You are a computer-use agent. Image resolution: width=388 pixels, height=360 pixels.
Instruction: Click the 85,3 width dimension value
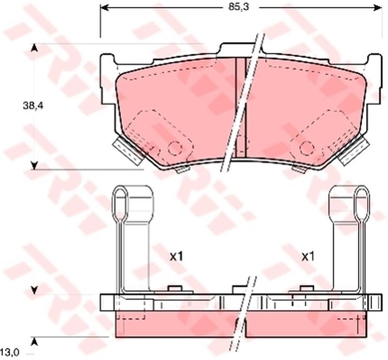(235, 7)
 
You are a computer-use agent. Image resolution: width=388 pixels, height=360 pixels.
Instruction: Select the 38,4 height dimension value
(33, 106)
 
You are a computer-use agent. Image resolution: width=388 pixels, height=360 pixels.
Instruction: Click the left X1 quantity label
(176, 257)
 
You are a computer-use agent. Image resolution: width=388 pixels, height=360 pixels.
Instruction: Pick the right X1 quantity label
(308, 257)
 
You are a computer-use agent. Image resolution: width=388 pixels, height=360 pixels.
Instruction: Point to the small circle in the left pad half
(175, 148)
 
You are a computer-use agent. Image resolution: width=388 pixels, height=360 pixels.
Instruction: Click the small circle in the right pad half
(307, 148)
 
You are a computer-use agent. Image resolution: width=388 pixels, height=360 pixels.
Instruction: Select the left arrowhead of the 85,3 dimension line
(104, 8)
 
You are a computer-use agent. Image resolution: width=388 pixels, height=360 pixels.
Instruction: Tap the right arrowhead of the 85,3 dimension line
(377, 8)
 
